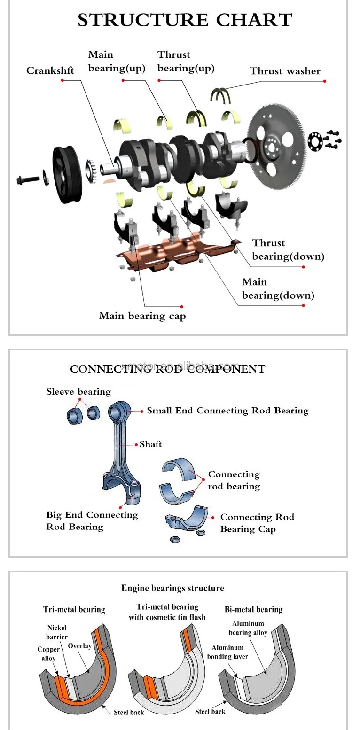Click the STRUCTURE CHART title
(x=185, y=20)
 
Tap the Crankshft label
(x=50, y=71)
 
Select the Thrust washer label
(x=285, y=71)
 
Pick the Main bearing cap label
(x=142, y=316)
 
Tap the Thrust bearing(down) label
(x=288, y=249)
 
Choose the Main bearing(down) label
(x=278, y=288)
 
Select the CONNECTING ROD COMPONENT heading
(x=167, y=369)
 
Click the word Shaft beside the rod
(x=150, y=444)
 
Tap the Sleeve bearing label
(x=78, y=392)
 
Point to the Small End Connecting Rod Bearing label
(x=227, y=411)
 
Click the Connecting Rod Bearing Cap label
(x=257, y=523)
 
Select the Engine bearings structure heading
(x=172, y=588)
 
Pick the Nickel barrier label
(x=57, y=632)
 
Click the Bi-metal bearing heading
(x=253, y=610)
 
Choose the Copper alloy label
(x=48, y=654)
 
